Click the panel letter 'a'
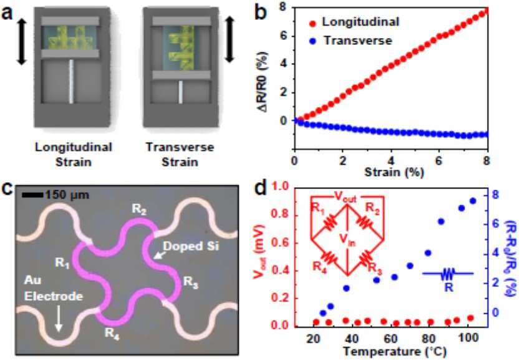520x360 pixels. [x=7, y=13]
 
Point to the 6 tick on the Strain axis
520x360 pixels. [x=440, y=160]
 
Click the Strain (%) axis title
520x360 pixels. [x=394, y=172]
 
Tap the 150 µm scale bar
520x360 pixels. [x=32, y=195]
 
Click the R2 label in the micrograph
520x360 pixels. [x=139, y=210]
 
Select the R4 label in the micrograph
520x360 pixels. [x=112, y=333]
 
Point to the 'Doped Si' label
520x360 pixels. [x=191, y=246]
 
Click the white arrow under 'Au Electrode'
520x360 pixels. [x=59, y=318]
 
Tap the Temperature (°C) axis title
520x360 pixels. [x=395, y=351]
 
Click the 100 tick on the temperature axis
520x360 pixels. [x=468, y=338]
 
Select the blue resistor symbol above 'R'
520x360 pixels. [x=448, y=274]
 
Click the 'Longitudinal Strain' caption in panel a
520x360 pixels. [x=74, y=155]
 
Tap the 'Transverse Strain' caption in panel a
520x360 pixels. [x=180, y=155]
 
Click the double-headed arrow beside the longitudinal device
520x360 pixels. [x=22, y=41]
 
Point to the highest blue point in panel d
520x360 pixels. [x=473, y=201]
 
